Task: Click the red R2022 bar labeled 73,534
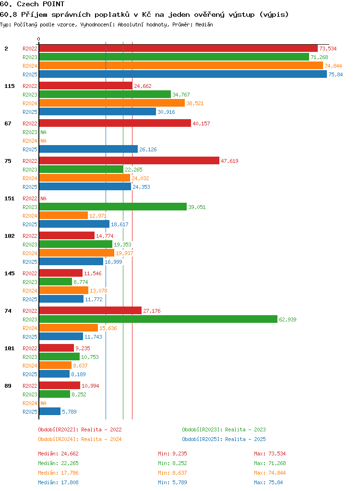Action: [178, 48]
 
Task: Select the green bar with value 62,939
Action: [158, 319]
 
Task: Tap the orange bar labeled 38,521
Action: [112, 103]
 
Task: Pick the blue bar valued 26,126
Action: [88, 149]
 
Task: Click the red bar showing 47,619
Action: [129, 160]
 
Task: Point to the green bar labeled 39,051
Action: [113, 207]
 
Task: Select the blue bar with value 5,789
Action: [50, 411]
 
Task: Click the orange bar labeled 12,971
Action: [63, 215]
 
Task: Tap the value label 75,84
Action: [336, 74]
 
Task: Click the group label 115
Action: [10, 86]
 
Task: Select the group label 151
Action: [10, 198]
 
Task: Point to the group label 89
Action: [8, 385]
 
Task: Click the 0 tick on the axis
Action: [39, 39]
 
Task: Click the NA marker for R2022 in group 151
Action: [44, 198]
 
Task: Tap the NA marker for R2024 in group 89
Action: [44, 403]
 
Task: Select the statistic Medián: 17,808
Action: [58, 482]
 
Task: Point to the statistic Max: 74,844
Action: [270, 473]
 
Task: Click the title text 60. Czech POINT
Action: [32, 4]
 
